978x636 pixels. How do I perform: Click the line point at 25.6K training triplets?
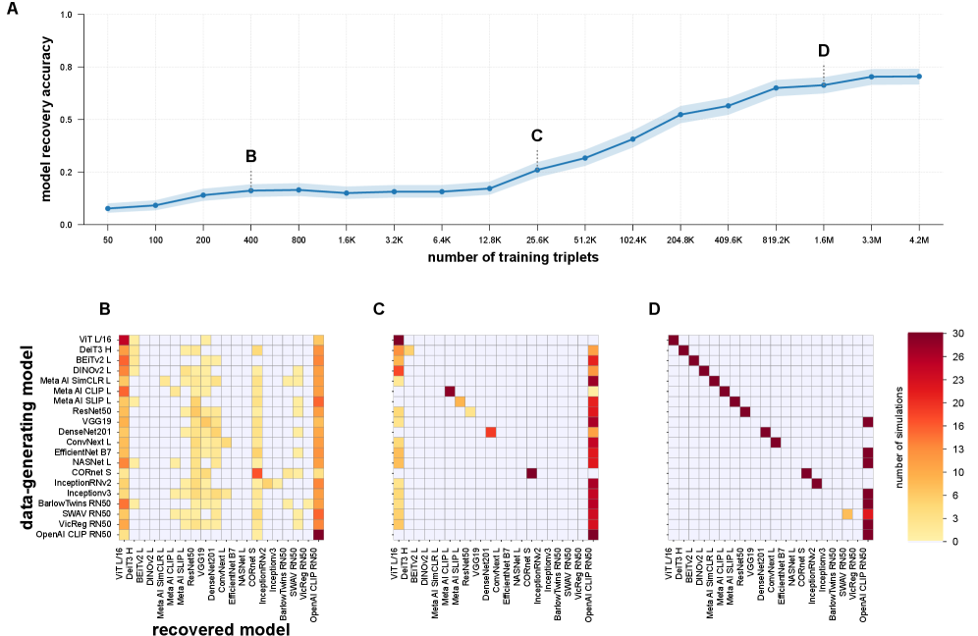tap(537, 170)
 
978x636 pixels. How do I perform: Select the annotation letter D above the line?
tap(823, 51)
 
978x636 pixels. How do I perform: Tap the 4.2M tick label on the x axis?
tap(919, 239)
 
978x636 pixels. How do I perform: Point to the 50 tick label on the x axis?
tap(107, 239)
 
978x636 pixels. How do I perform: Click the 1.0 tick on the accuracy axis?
tap(67, 16)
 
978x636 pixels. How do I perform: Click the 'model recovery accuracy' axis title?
tap(46, 120)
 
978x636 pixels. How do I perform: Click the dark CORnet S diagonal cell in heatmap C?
tap(531, 473)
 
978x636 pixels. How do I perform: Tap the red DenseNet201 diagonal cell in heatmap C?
tap(491, 432)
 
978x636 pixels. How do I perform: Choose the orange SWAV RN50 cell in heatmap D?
tap(847, 514)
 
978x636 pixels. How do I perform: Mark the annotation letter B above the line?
tap(250, 156)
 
